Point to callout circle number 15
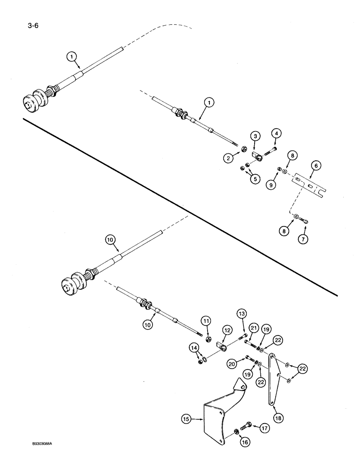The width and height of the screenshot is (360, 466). point(186,419)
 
